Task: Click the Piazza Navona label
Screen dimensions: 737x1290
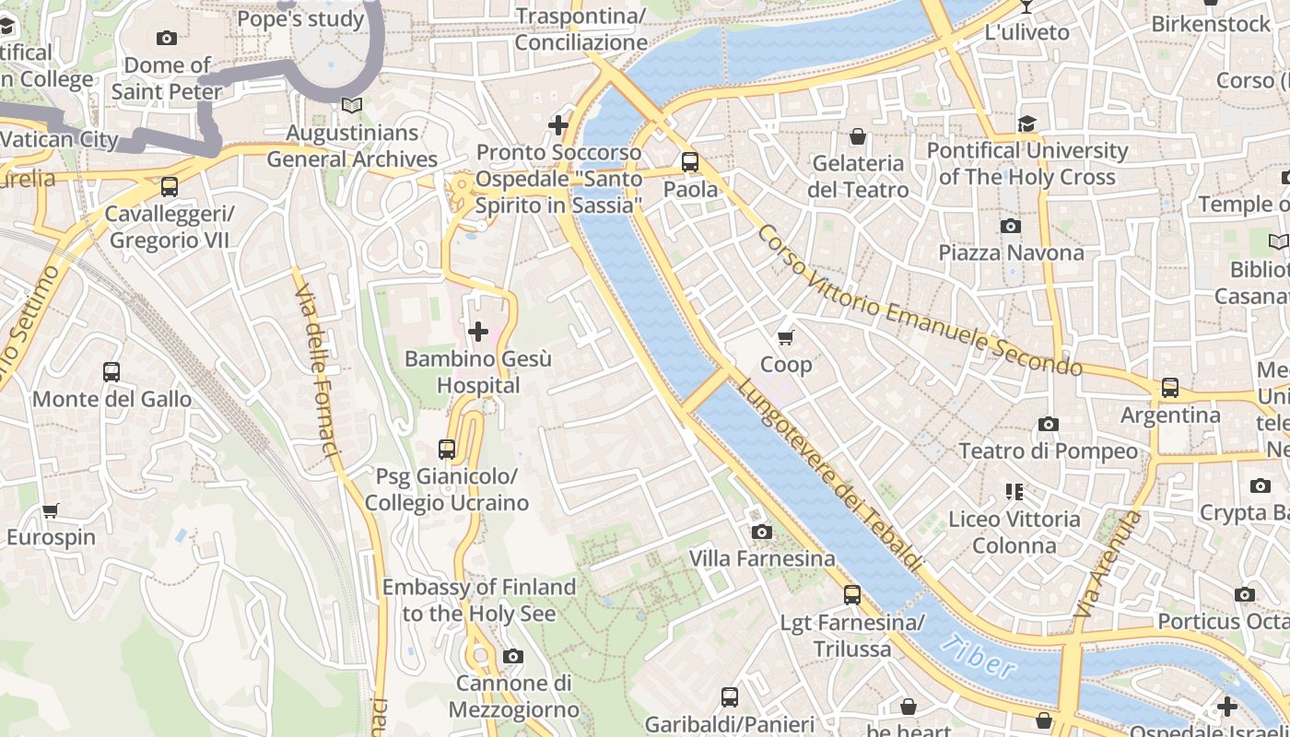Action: point(1011,252)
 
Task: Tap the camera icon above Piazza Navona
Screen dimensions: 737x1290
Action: point(1011,226)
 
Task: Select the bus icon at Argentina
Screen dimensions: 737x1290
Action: point(1170,388)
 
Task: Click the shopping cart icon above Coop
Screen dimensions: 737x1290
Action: point(786,338)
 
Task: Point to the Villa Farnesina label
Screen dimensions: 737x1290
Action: point(762,558)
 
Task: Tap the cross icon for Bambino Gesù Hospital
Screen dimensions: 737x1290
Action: point(478,332)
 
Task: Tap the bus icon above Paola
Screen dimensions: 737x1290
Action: point(690,162)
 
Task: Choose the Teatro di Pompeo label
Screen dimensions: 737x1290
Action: point(1049,451)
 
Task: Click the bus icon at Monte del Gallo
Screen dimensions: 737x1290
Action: point(111,372)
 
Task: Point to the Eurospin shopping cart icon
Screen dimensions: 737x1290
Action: point(51,510)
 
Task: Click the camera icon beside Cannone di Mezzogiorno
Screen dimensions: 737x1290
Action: point(513,657)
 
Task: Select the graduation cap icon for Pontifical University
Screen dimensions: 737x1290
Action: point(1026,123)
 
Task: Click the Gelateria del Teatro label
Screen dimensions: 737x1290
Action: point(858,177)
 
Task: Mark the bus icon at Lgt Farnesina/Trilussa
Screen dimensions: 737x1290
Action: point(852,595)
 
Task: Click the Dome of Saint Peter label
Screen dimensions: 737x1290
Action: point(167,78)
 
